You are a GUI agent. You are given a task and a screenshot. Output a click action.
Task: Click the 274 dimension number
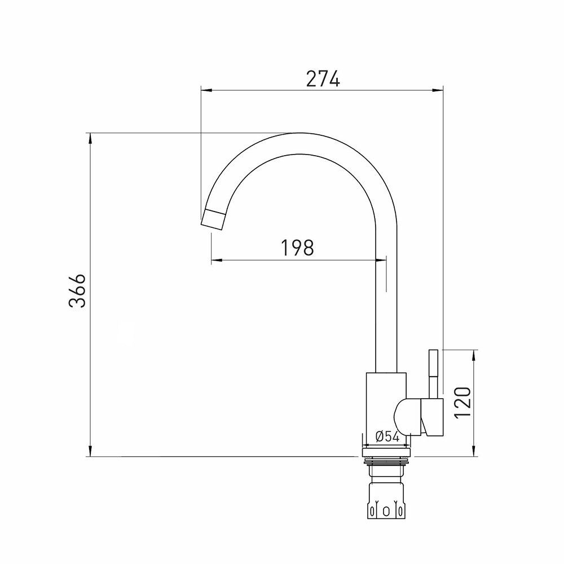323,79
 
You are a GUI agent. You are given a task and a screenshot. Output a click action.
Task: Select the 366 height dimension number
78,291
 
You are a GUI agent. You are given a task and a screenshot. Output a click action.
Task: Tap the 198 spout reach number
297,248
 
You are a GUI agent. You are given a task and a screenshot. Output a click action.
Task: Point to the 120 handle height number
462,403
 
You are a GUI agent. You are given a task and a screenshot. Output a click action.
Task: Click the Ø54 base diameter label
387,437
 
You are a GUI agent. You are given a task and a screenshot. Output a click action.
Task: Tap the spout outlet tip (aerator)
214,219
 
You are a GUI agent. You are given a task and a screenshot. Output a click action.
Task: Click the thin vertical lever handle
433,374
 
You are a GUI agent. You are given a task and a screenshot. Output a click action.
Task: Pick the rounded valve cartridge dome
408,417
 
